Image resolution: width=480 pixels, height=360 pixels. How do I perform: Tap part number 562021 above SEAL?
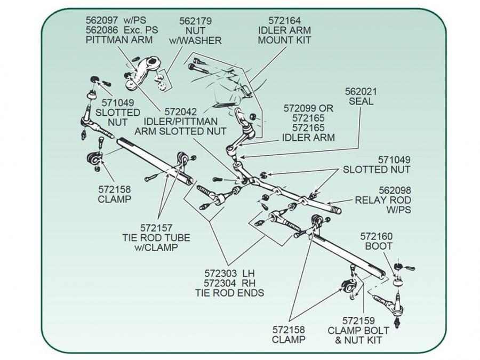tap(361, 91)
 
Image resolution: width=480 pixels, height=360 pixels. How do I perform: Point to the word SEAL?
tap(361, 101)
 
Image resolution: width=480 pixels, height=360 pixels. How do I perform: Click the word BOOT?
tap(378, 246)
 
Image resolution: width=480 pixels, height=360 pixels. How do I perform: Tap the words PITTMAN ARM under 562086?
tap(119, 39)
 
